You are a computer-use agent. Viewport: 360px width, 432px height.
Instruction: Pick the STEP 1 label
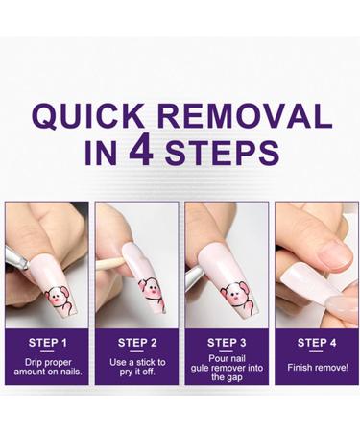click(x=47, y=341)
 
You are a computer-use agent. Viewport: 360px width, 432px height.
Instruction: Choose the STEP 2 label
click(x=135, y=341)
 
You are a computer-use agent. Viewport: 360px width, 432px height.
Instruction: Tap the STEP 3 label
click(x=224, y=341)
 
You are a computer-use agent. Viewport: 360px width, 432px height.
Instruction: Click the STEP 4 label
click(x=313, y=341)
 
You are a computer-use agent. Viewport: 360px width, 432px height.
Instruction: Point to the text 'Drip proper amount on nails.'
click(x=47, y=368)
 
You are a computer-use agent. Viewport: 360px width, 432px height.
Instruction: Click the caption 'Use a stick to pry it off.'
click(x=135, y=368)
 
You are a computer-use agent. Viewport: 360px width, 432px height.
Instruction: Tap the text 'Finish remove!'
click(x=313, y=367)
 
